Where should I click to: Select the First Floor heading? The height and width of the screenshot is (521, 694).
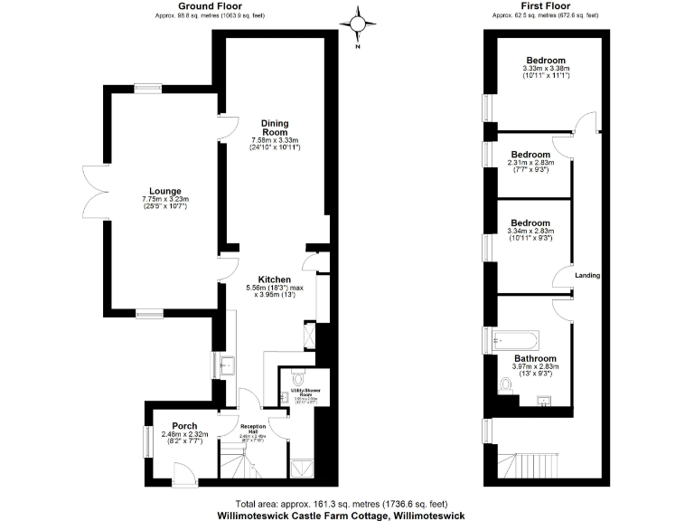coord(545,6)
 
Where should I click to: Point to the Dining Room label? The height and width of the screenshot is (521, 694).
coord(274,128)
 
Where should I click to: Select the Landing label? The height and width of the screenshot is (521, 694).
coord(588,275)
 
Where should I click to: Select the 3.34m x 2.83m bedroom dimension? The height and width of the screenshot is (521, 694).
coord(530,232)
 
